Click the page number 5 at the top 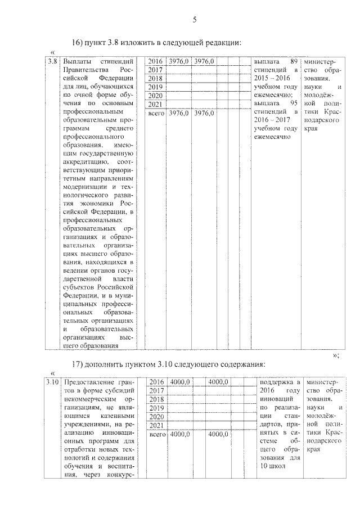(x=194, y=20)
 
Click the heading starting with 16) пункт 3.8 (x=157, y=43)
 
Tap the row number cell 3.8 (x=52, y=61)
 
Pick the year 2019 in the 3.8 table (x=155, y=87)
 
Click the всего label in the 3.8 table (x=155, y=113)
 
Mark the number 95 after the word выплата (x=291, y=103)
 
